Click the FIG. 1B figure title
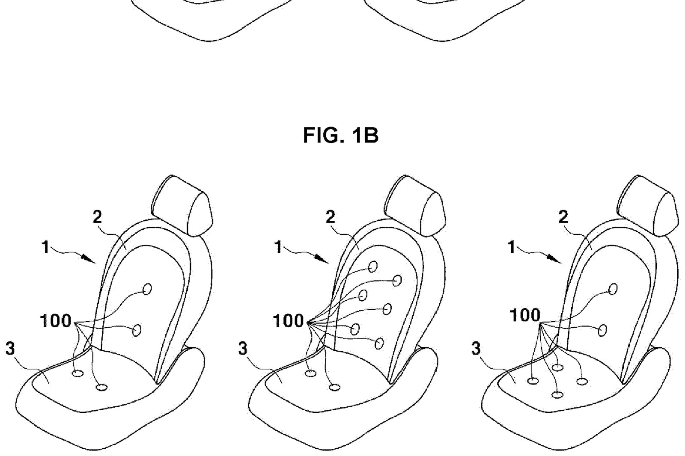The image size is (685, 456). [341, 136]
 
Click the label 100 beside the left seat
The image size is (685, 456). [56, 321]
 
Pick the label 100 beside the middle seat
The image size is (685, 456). [289, 321]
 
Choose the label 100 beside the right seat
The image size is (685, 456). [525, 315]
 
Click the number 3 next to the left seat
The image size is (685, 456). [10, 349]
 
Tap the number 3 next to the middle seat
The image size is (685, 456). [243, 349]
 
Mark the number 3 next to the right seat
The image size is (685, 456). [476, 349]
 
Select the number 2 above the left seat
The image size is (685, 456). [97, 217]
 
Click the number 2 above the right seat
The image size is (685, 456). [563, 217]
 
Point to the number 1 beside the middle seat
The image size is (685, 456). [278, 247]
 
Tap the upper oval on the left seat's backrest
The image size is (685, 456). [147, 289]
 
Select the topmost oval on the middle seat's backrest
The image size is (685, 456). [372, 266]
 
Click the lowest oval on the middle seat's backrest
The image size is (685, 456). [379, 343]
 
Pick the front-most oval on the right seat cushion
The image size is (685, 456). [557, 395]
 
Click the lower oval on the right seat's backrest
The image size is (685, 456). [602, 330]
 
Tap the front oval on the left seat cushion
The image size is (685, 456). [102, 388]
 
